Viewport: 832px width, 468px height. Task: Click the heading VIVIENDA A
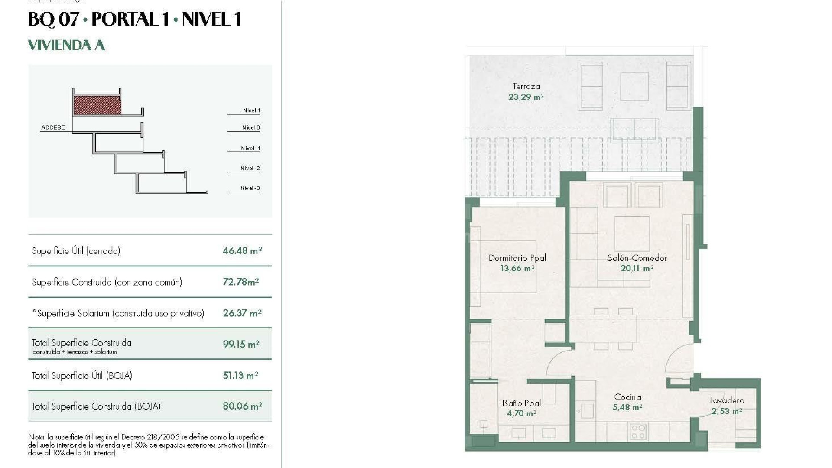click(66, 45)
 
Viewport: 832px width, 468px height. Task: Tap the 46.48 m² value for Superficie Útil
click(242, 250)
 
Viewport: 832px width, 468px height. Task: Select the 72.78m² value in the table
click(240, 282)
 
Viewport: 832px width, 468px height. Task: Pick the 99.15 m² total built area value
click(241, 344)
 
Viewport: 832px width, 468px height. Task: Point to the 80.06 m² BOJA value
click(242, 406)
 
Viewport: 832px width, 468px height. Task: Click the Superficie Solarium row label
click(118, 313)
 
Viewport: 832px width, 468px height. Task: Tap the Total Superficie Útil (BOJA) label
click(81, 375)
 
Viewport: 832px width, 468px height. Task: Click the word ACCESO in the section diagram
click(53, 127)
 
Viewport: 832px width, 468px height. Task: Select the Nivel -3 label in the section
click(250, 188)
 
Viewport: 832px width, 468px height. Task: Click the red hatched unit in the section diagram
click(97, 105)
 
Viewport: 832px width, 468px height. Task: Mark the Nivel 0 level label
click(251, 127)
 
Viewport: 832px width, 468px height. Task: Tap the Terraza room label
click(526, 86)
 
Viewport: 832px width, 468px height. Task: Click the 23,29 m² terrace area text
click(526, 97)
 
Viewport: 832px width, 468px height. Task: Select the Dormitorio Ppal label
click(517, 258)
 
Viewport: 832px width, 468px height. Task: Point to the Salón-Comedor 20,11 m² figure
click(637, 268)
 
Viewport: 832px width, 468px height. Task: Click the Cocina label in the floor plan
click(627, 397)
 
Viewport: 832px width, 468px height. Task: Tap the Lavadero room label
click(727, 400)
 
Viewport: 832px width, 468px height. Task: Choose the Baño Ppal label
click(521, 403)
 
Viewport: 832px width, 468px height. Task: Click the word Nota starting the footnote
click(36, 437)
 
